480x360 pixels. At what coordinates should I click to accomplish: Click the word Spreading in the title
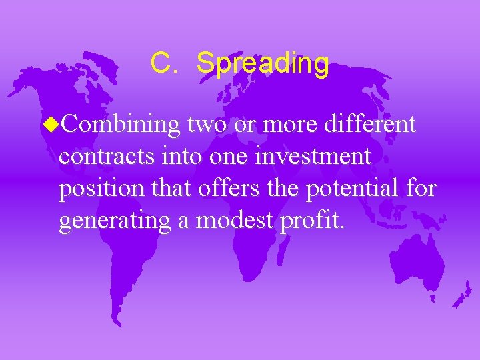(x=263, y=64)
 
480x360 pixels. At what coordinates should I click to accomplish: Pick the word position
(x=98, y=189)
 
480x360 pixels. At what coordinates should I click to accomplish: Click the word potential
(x=353, y=189)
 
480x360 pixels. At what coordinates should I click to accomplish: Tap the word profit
(x=312, y=221)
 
